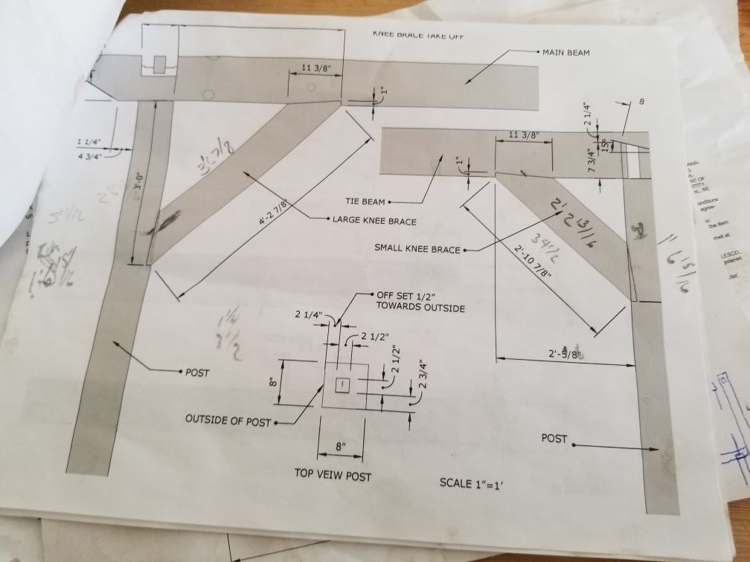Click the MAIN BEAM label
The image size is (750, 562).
point(568,53)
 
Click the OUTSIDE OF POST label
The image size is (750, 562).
point(227,421)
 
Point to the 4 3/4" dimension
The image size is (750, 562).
point(89,157)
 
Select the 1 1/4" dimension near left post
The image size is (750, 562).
point(89,142)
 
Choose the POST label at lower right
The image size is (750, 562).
point(554,439)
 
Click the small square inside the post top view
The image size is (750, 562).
point(342,384)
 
